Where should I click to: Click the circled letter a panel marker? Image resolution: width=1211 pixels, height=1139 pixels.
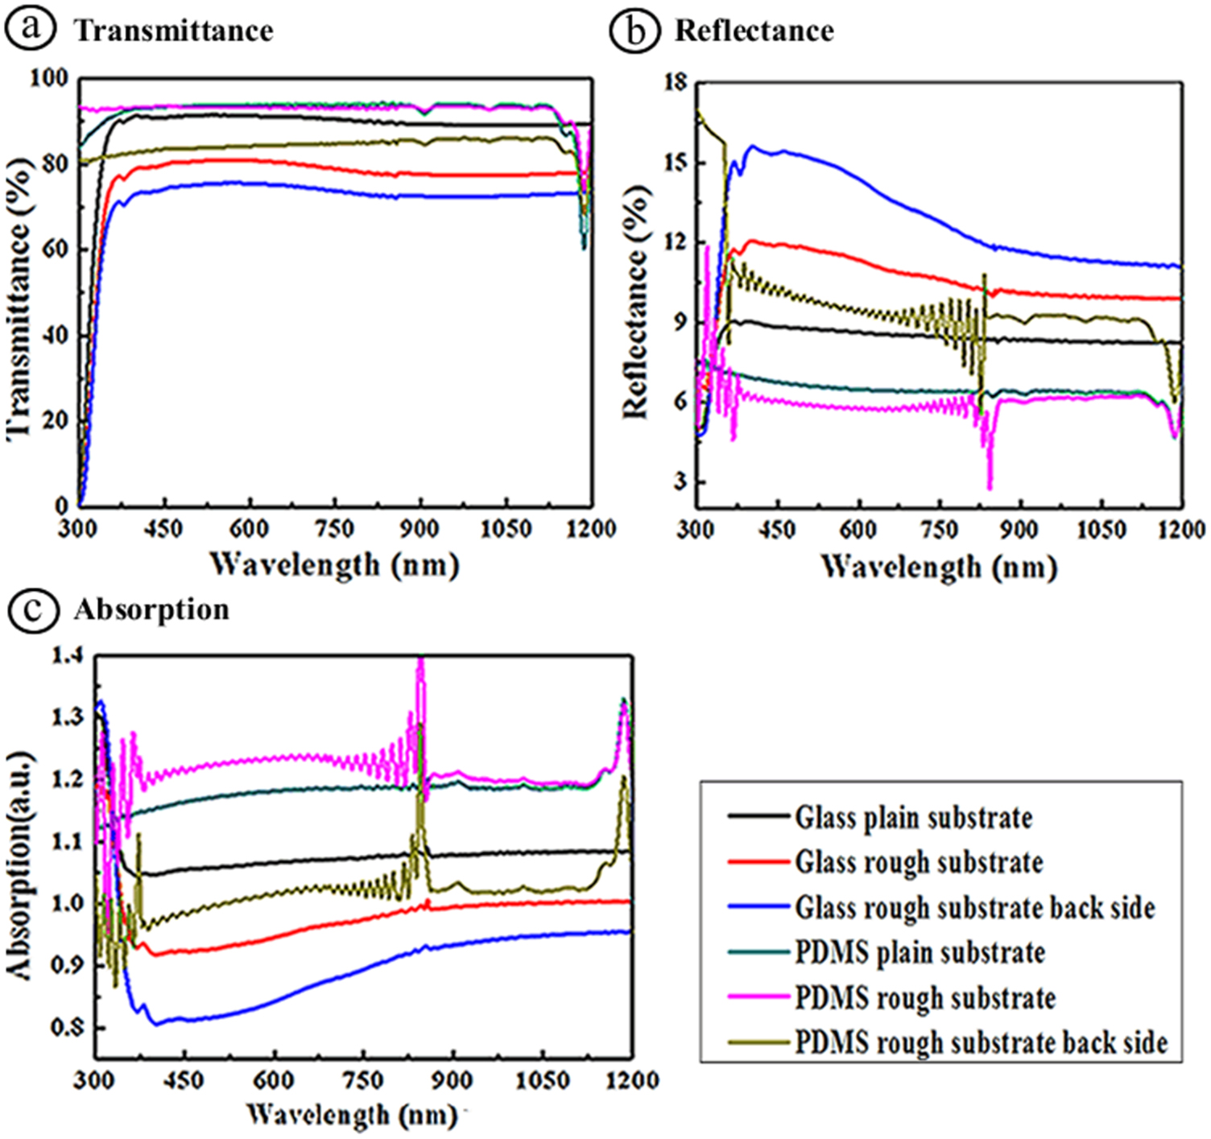[30, 28]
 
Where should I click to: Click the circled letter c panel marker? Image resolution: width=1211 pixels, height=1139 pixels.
[32, 609]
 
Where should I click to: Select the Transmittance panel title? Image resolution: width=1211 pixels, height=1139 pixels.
[174, 31]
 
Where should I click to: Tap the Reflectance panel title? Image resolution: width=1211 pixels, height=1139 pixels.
[754, 31]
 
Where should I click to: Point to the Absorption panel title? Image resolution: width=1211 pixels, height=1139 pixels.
[151, 609]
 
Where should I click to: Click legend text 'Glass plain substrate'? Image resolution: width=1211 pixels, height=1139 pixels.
[913, 817]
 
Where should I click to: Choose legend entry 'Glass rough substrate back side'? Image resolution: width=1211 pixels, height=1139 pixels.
[974, 907]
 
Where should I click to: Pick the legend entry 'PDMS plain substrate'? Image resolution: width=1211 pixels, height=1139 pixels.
[920, 952]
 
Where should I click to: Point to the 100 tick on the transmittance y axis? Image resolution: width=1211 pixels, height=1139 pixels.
[49, 78]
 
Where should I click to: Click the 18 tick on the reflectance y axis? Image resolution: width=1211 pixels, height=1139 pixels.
[676, 82]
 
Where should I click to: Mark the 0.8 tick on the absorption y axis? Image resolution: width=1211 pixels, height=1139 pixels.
[68, 1027]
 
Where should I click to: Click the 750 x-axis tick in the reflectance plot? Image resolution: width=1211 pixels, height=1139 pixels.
[939, 530]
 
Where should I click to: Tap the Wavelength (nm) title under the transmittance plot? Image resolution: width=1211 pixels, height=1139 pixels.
[334, 563]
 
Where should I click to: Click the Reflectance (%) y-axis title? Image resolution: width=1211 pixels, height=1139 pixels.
[635, 302]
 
